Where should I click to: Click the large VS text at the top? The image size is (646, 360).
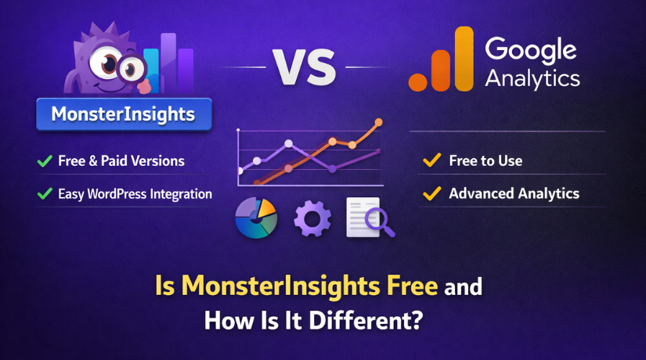tap(305, 69)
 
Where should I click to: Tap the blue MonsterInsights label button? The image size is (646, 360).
tap(123, 114)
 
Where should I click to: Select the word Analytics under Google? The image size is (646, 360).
tap(532, 78)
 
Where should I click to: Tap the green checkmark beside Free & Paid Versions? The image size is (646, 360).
tap(45, 161)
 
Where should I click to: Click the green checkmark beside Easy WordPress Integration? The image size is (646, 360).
tap(45, 193)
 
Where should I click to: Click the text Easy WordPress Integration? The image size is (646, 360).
tap(135, 193)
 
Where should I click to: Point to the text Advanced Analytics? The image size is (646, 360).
tap(514, 193)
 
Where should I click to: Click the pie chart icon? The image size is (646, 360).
tap(256, 219)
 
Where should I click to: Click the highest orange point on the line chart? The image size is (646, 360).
tap(379, 122)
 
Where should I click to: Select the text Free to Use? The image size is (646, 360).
tap(485, 161)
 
